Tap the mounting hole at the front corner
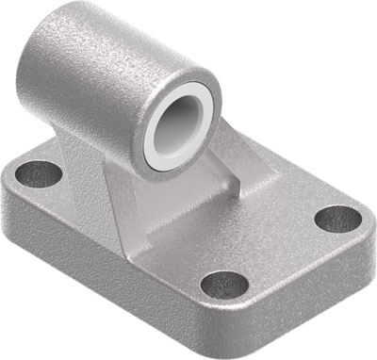pos(223,282)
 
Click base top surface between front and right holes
pos(283,254)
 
